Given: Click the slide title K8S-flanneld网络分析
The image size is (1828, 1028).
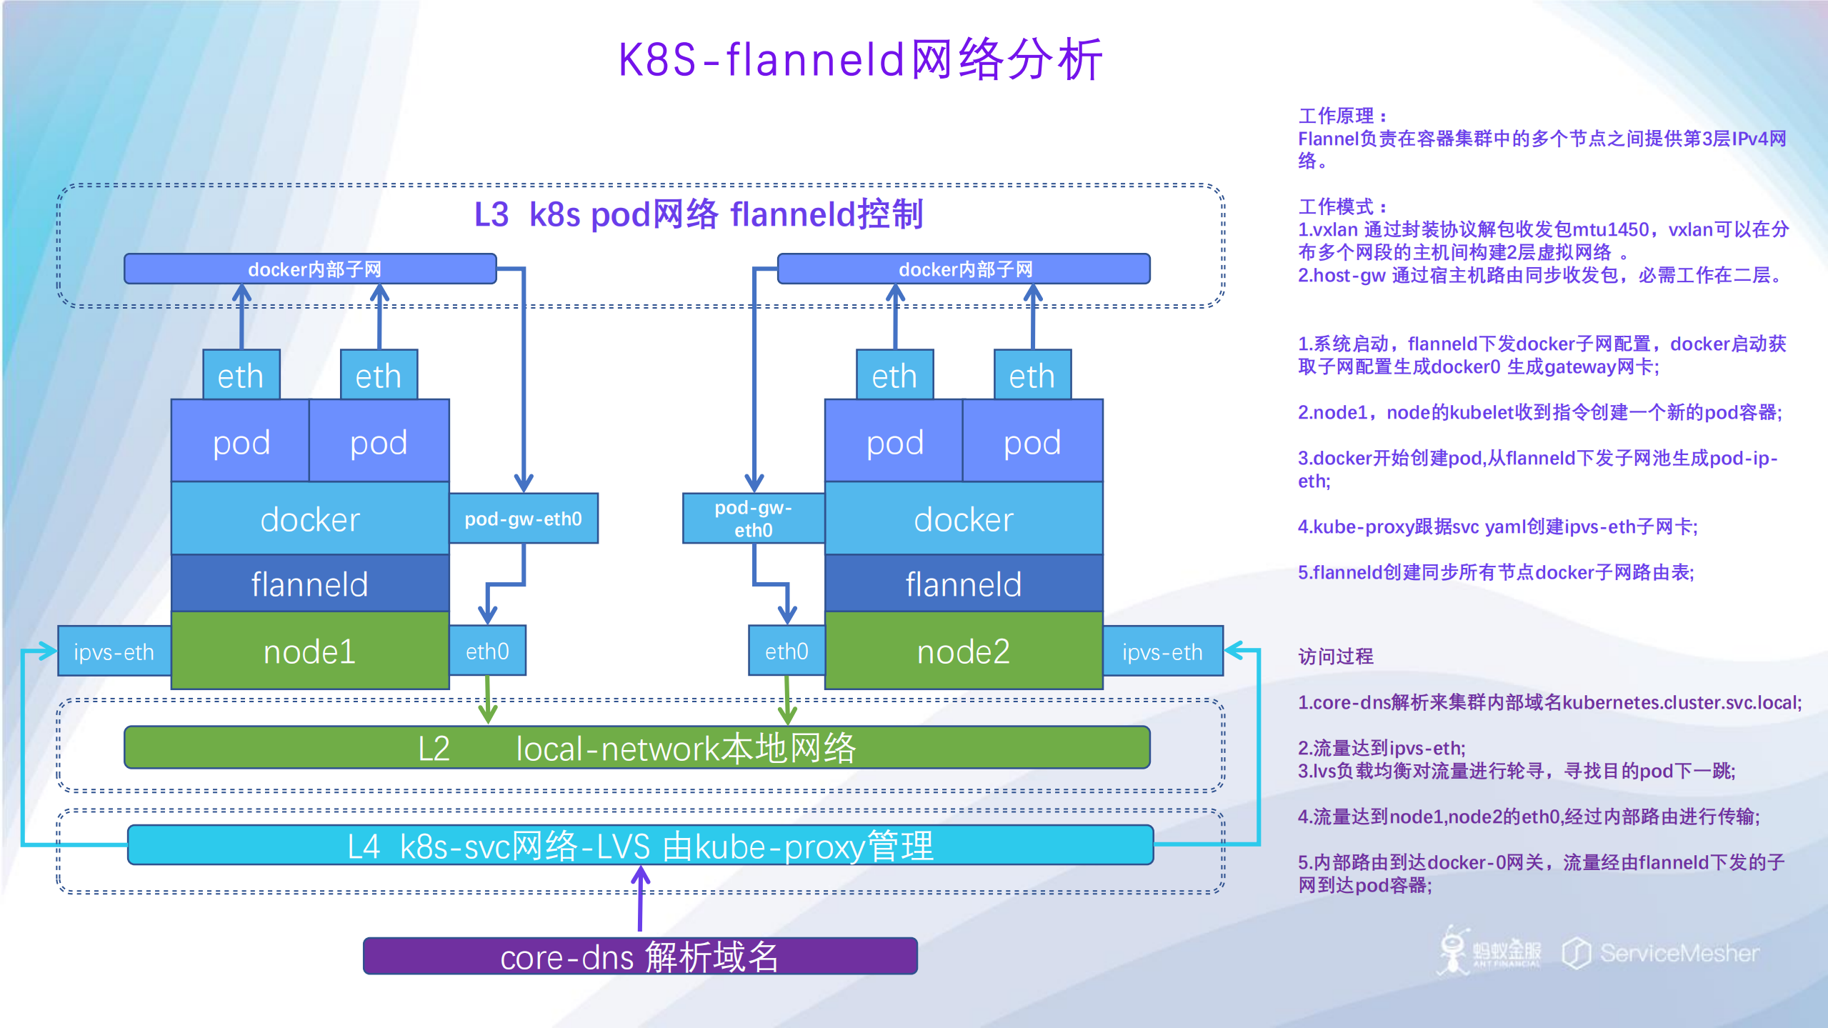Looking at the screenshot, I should [860, 59].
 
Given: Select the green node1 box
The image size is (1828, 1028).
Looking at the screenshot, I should [309, 651].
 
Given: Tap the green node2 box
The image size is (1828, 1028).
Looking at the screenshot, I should [963, 651].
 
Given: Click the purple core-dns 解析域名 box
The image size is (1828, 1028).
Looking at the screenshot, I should [639, 956].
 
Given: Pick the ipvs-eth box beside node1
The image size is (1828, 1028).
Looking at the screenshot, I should [114, 652].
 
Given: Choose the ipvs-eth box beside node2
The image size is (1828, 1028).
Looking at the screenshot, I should [1162, 652].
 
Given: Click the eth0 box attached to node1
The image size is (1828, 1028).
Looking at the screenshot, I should [487, 651].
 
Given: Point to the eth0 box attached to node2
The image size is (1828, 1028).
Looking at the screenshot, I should [786, 651].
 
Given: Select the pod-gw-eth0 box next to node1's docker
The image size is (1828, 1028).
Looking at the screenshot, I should [523, 519].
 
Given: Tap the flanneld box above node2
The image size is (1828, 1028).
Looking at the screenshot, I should [963, 584].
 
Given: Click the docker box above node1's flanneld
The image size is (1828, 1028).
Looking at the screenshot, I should [309, 519].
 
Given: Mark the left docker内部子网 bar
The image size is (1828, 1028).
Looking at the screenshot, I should [311, 269].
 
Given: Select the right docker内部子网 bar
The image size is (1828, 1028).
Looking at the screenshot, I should [964, 269].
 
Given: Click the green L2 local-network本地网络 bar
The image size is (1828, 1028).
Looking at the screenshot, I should [636, 748].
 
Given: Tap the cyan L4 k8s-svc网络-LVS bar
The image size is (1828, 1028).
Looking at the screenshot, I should [640, 846].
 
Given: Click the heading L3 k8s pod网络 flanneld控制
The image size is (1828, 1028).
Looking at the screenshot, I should [699, 214].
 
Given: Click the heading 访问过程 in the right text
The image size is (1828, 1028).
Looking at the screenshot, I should [1335, 656].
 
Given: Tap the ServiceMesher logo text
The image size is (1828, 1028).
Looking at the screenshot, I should [1679, 953].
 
